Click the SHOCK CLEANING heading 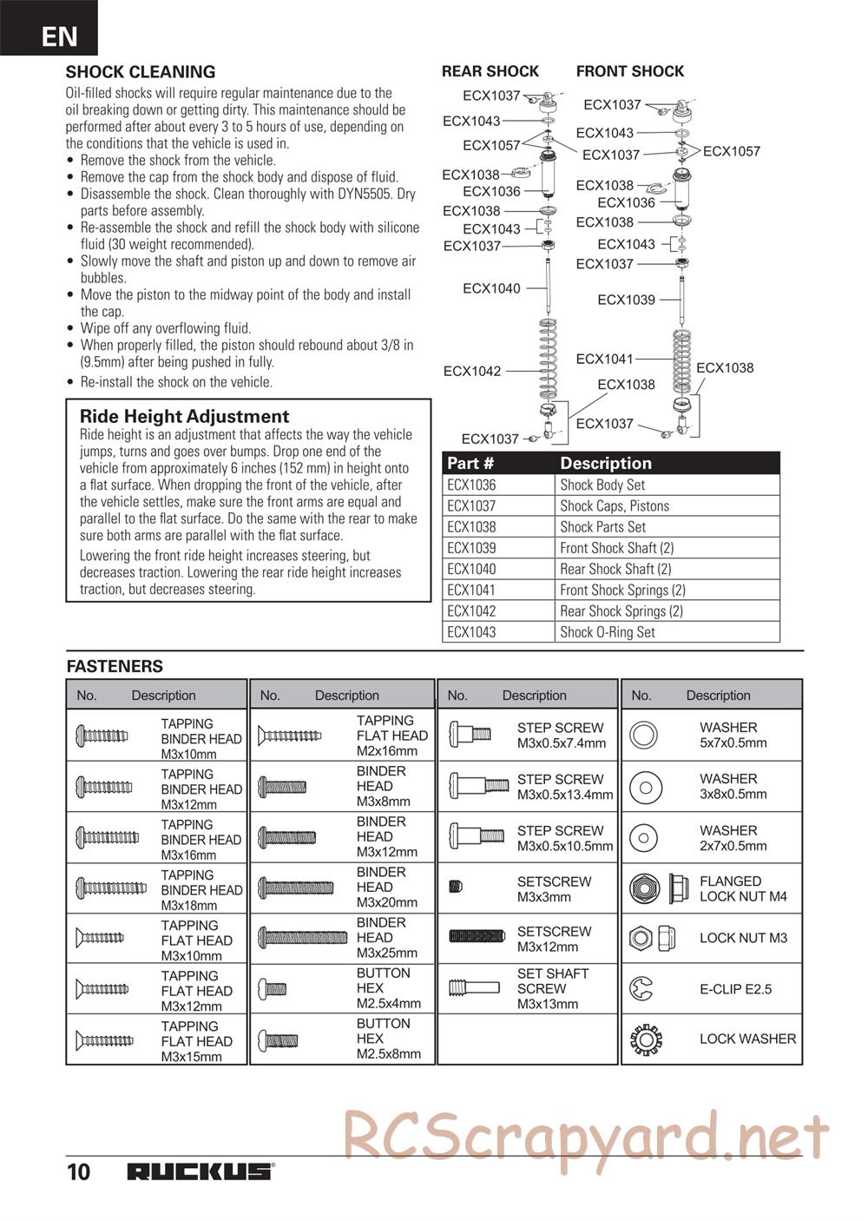click(x=141, y=72)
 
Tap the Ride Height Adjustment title click(x=184, y=416)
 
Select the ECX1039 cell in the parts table click(x=471, y=548)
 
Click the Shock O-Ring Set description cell click(x=608, y=632)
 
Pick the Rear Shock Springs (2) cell click(x=621, y=611)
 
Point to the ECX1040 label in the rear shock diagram click(x=491, y=288)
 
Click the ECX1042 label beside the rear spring click(x=472, y=371)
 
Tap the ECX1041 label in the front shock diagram click(x=604, y=359)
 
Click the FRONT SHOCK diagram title click(x=630, y=71)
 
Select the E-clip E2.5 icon click(x=644, y=988)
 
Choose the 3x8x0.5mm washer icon click(x=644, y=788)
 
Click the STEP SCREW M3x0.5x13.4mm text click(x=565, y=787)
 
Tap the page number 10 click(x=78, y=1171)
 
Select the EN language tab click(x=58, y=36)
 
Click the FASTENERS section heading click(x=115, y=666)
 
